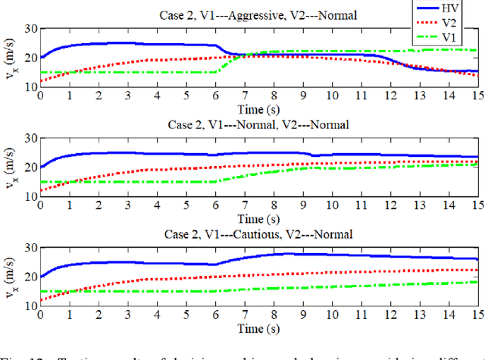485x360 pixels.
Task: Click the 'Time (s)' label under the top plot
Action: pos(259,110)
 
